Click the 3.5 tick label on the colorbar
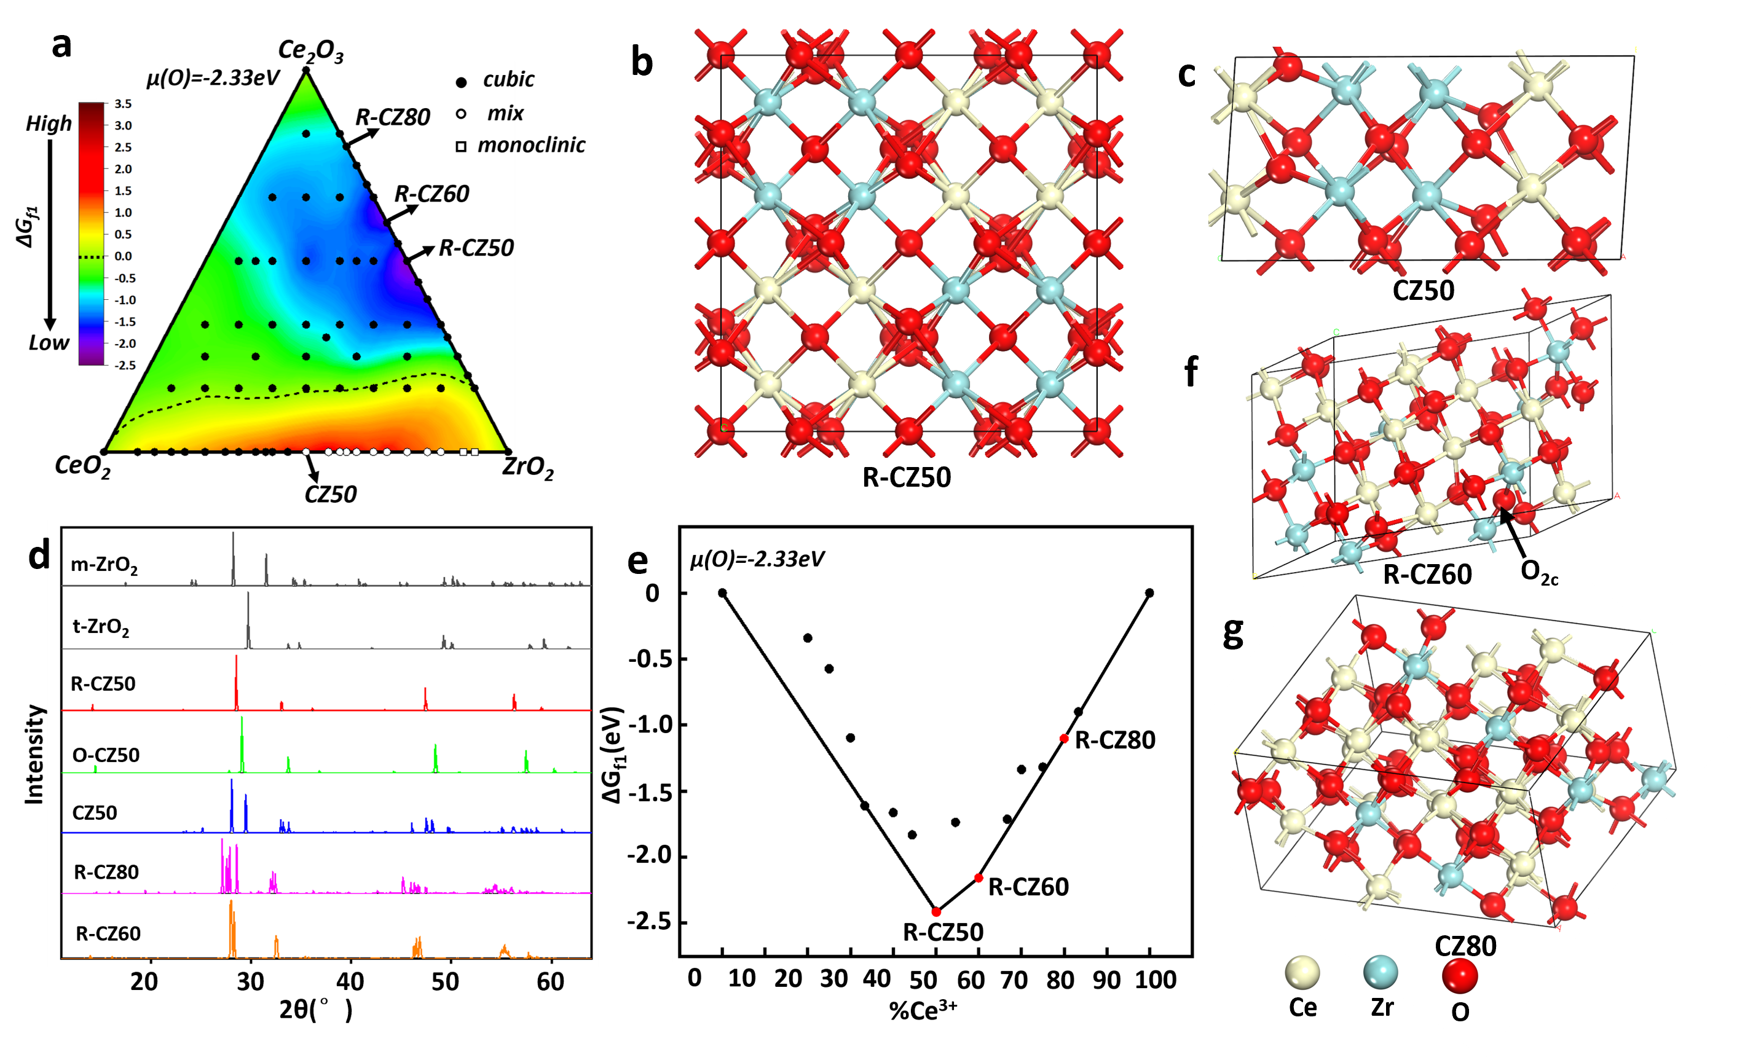coord(123,104)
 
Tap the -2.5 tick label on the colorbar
coord(125,366)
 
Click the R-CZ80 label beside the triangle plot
coord(393,117)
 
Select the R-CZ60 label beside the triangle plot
coord(432,194)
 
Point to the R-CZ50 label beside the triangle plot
coord(475,248)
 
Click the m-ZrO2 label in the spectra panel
coord(104,565)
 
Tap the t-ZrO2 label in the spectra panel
coord(101,627)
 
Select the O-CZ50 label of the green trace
coord(106,755)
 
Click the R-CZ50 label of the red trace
coord(103,685)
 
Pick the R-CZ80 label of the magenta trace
coord(107,872)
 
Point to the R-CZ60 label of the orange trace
coord(108,933)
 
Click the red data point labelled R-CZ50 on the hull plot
coord(936,912)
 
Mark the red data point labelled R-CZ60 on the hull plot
coord(979,878)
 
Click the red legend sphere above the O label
coord(1460,975)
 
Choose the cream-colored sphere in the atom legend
coord(1301,973)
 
